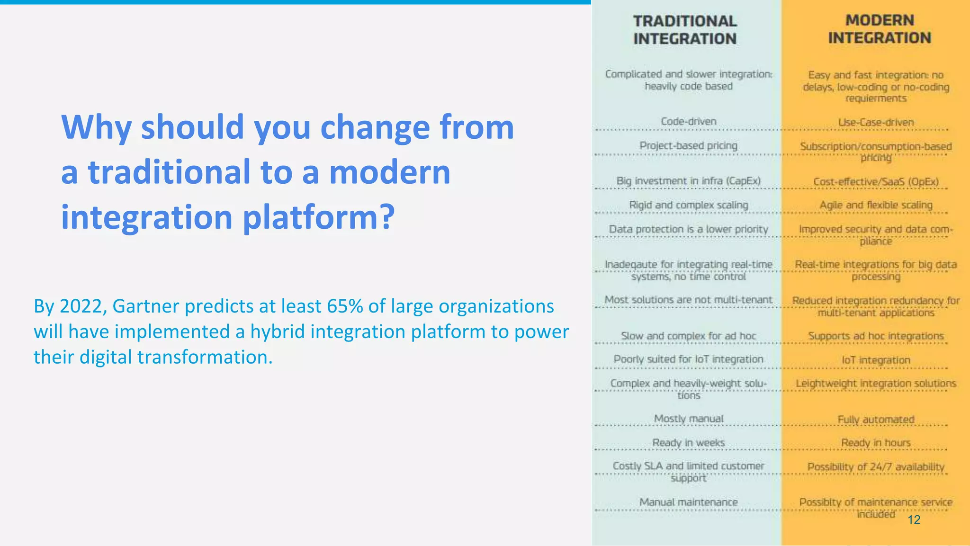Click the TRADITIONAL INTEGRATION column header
[x=685, y=30]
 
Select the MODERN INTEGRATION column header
[x=880, y=29]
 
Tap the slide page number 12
[x=914, y=519]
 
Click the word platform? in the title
[x=319, y=217]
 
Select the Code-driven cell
[x=688, y=121]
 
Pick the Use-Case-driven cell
[x=876, y=122]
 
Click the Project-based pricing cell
[x=688, y=145]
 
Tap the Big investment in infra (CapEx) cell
[x=688, y=181]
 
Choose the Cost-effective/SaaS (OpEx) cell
[x=876, y=182]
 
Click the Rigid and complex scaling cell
[x=688, y=205]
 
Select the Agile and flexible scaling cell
[x=876, y=205]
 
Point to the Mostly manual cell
[x=688, y=419]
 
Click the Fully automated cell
[x=876, y=420]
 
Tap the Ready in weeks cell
[x=688, y=443]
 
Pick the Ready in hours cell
[x=876, y=443]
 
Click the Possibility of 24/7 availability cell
[x=876, y=467]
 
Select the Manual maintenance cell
[x=688, y=502]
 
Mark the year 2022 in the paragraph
[x=81, y=306]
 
